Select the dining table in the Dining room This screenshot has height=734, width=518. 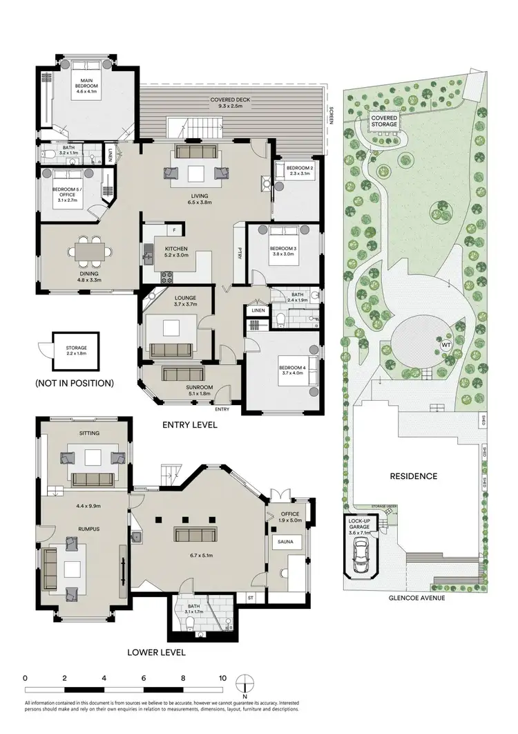coord(91,250)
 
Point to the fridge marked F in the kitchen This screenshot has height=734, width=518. coord(174,229)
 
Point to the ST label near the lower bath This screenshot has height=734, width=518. coord(251,596)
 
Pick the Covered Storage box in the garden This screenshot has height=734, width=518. coord(384,122)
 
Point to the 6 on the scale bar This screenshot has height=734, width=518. coord(144,679)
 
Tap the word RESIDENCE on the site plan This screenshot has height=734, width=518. coord(414,476)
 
